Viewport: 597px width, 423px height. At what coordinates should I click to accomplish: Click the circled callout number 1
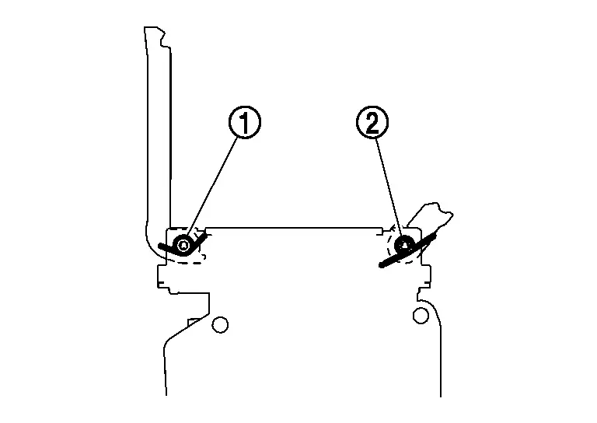pos(245,122)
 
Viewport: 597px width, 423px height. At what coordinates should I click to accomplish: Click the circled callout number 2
pos(372,122)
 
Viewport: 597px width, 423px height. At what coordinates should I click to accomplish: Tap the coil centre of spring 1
pos(183,245)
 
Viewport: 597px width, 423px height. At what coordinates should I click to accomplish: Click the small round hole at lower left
pos(220,325)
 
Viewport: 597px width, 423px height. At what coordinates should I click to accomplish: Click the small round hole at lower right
pos(421,316)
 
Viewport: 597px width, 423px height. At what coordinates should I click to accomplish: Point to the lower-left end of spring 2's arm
pos(381,265)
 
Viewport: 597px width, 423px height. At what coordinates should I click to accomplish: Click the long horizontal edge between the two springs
pos(294,228)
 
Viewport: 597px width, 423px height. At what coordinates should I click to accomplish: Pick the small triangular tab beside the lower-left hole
pos(194,322)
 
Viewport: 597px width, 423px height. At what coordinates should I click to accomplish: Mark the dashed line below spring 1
pos(188,262)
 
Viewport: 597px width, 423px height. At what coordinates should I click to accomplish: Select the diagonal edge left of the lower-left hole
pos(187,327)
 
